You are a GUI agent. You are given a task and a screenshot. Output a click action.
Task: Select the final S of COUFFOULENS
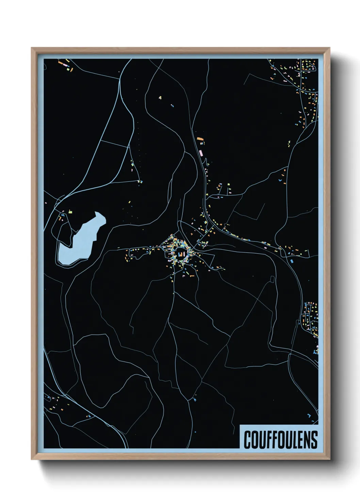pos(314,440)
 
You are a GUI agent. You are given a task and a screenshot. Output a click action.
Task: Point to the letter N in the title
pos(308,440)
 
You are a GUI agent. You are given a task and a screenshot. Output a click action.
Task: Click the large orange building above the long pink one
pos(200,139)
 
